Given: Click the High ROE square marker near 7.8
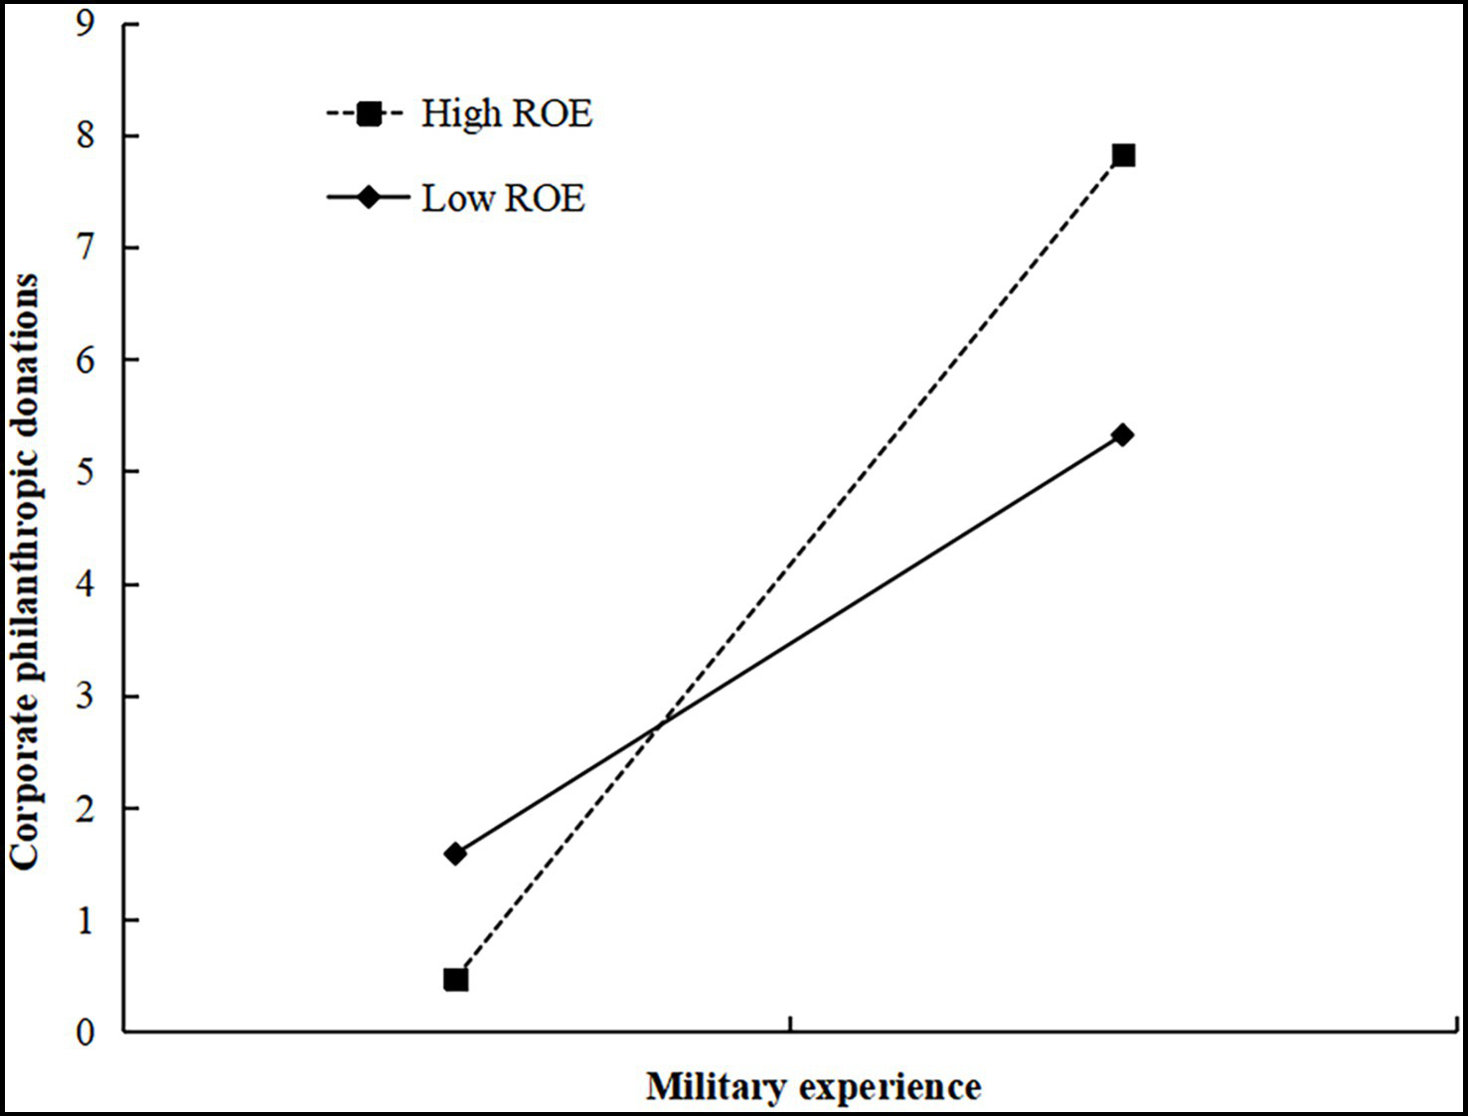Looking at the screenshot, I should (x=1123, y=155).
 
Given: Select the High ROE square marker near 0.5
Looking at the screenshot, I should (x=455, y=980).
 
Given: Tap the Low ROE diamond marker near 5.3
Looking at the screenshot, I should (x=1123, y=435).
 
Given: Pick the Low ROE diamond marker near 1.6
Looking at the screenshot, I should (x=455, y=854).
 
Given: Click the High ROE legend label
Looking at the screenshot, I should (x=506, y=113).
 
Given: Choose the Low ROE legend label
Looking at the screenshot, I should (x=503, y=198).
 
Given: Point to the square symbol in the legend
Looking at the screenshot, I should (x=369, y=113).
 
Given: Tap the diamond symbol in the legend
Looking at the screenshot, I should (x=369, y=197).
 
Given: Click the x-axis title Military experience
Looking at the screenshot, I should (x=813, y=1086).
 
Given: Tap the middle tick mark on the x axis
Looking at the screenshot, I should (x=790, y=1024).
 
